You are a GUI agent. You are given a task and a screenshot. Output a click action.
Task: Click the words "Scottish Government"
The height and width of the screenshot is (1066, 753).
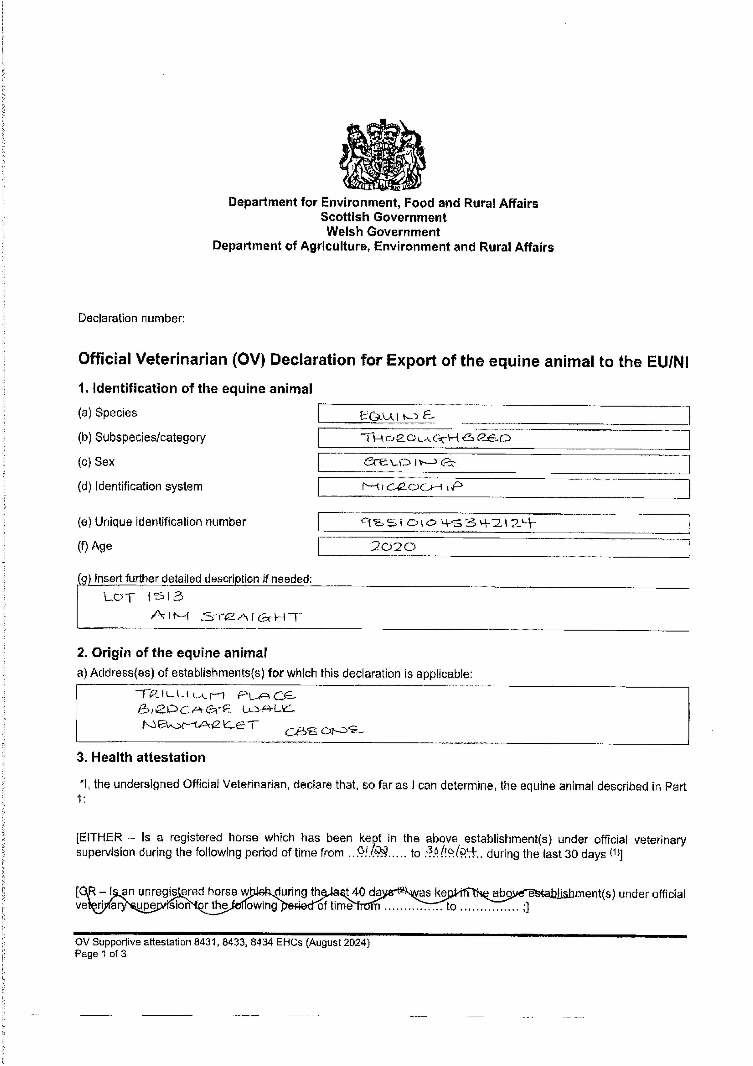pyautogui.click(x=383, y=217)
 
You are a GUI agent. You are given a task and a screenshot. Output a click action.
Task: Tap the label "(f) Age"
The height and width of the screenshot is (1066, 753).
pyautogui.click(x=95, y=546)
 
